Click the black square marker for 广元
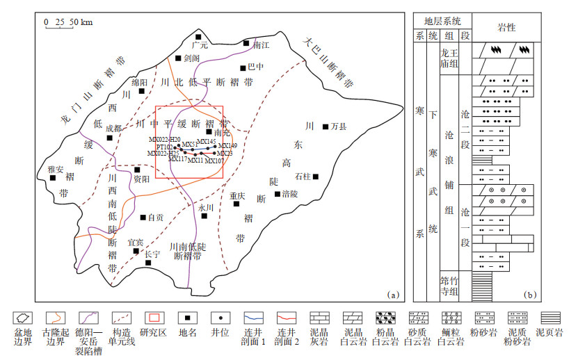pos(198,37)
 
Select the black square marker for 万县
pos(326,126)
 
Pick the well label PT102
pos(165,147)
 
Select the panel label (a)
pos(394,294)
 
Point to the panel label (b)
pos(531,294)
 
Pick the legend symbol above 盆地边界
pos(23,316)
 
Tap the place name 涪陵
pos(290,194)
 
